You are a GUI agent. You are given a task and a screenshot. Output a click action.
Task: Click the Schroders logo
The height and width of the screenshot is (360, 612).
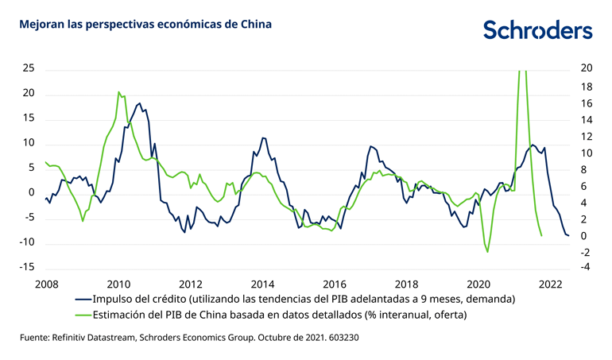[537, 29]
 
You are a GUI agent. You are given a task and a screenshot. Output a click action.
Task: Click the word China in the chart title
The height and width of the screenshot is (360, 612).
[254, 25]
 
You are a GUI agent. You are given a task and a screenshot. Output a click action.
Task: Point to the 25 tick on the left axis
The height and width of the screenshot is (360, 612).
[29, 68]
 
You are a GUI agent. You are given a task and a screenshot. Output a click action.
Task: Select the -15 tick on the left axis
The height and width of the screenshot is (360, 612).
[27, 267]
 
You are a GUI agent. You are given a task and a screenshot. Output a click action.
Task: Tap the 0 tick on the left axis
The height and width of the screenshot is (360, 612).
[32, 192]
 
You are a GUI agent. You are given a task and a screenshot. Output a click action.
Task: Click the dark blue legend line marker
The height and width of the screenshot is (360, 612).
[82, 299]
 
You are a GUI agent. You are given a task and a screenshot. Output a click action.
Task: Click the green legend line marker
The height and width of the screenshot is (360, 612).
[82, 315]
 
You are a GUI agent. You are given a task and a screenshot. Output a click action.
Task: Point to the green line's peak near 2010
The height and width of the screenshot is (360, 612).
[118, 92]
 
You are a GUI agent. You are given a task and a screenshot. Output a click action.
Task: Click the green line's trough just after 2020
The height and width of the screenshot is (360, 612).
[488, 252]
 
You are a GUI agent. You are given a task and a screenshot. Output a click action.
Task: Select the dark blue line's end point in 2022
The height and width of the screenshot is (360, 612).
[568, 235]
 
